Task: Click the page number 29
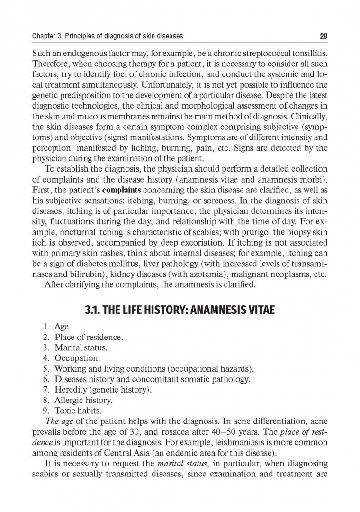click(324, 36)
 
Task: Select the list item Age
click(63, 327)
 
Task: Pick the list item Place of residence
click(89, 338)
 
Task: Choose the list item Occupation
click(77, 358)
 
